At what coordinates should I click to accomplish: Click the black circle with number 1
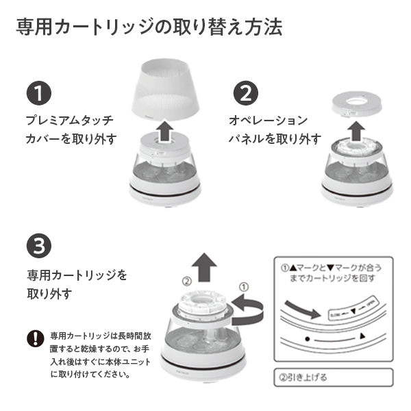click(x=39, y=92)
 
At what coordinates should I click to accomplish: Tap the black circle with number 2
click(x=246, y=92)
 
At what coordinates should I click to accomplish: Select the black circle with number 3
click(x=39, y=246)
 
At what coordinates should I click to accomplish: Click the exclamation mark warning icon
click(x=35, y=338)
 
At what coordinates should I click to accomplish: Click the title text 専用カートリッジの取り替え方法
click(x=149, y=29)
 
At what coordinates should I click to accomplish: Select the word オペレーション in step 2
click(x=268, y=120)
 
